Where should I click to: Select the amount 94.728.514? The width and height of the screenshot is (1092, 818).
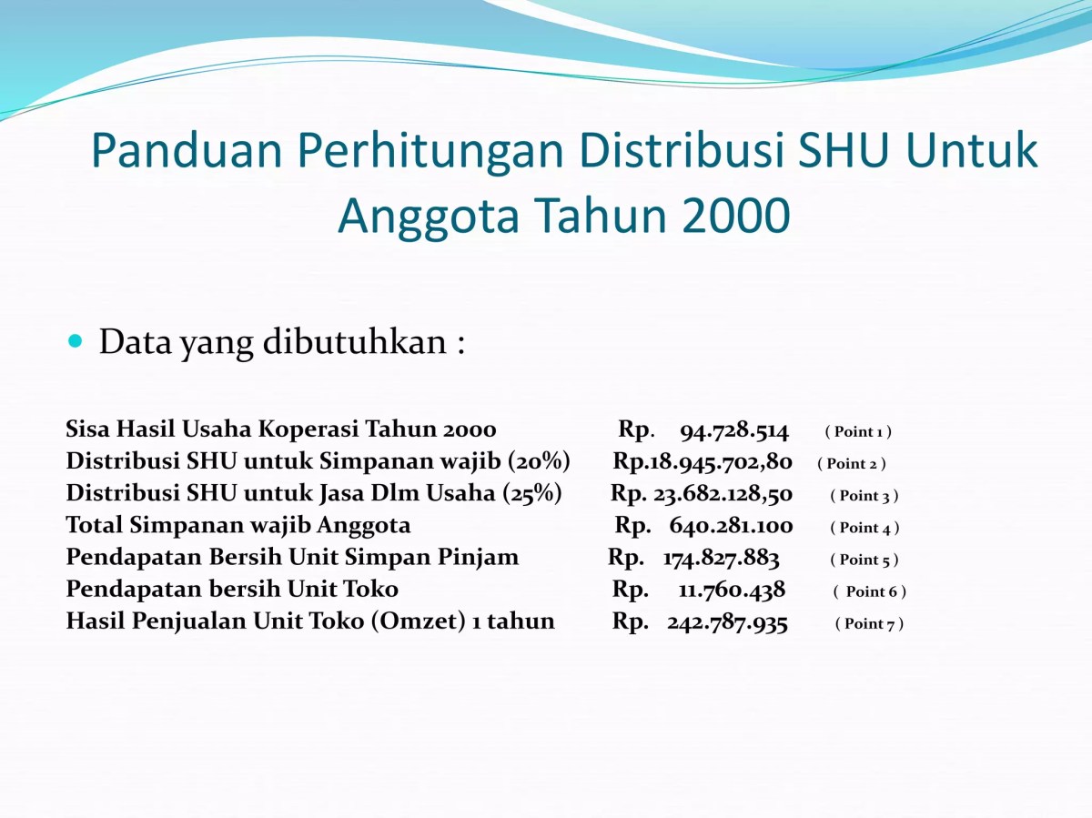pyautogui.click(x=734, y=430)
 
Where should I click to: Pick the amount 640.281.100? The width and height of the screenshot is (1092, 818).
pyautogui.click(x=731, y=526)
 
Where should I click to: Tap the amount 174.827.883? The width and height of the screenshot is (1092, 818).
pyautogui.click(x=722, y=558)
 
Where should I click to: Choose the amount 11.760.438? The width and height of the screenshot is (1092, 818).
pyautogui.click(x=732, y=590)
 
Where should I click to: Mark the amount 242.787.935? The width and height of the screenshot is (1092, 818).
pyautogui.click(x=727, y=622)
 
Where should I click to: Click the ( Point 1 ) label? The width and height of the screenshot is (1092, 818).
pyautogui.click(x=858, y=431)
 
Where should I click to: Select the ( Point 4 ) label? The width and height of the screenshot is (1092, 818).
pyautogui.click(x=864, y=527)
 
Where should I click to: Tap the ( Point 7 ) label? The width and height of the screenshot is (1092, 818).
pyautogui.click(x=869, y=623)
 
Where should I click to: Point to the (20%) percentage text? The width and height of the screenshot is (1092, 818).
pyautogui.click(x=541, y=462)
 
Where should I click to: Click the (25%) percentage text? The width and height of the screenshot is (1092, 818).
pyautogui.click(x=531, y=494)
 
